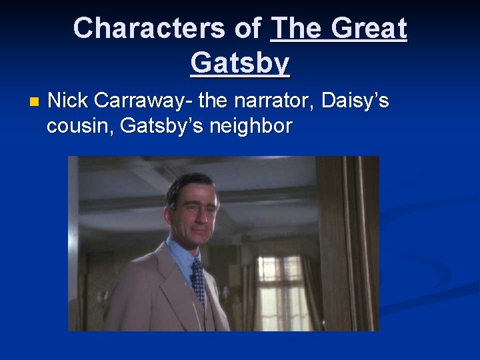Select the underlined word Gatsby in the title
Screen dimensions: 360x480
point(240,63)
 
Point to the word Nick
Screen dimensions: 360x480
point(69,101)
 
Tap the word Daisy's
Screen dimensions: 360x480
point(355,101)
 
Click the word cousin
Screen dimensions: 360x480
point(77,125)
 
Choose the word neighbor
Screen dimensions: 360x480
point(251,125)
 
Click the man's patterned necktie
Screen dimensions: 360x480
point(198,280)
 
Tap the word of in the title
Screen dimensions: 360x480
point(247,29)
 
